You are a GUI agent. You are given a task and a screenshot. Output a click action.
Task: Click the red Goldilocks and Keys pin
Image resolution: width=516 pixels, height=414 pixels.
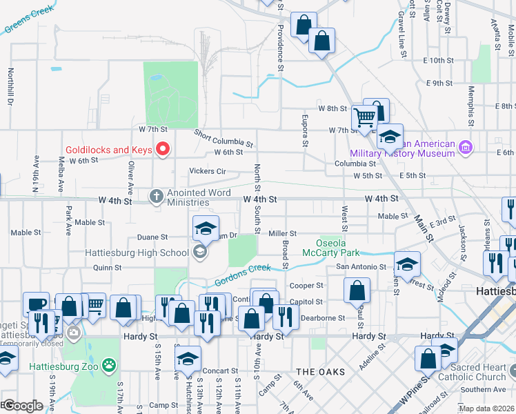pyautogui.click(x=163, y=149)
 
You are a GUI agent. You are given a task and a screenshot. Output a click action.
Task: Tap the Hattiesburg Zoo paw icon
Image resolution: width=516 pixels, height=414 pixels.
pyautogui.click(x=109, y=364)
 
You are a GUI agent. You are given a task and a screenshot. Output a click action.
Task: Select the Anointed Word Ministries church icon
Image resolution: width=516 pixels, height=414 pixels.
pyautogui.click(x=157, y=197)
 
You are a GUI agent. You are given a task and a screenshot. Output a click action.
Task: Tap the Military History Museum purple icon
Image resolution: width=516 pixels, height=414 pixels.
pyautogui.click(x=466, y=147)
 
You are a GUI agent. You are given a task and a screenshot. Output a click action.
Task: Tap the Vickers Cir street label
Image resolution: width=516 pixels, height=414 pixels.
pyautogui.click(x=208, y=171)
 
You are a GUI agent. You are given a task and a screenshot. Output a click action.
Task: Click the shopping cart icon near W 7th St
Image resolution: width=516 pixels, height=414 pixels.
pyautogui.click(x=364, y=117)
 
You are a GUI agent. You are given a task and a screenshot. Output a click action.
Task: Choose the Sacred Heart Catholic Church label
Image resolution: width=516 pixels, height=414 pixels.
pyautogui.click(x=472, y=372)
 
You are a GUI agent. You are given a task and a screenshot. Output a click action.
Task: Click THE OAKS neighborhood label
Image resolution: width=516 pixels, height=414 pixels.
pyautogui.click(x=320, y=372)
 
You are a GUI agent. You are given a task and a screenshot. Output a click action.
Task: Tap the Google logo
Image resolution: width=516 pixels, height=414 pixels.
pyautogui.click(x=23, y=406)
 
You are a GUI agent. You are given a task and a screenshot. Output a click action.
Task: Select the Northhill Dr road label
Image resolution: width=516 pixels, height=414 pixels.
pyautogui.click(x=11, y=86)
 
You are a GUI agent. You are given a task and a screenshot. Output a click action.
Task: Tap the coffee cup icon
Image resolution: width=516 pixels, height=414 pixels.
pyautogui.click(x=36, y=304)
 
